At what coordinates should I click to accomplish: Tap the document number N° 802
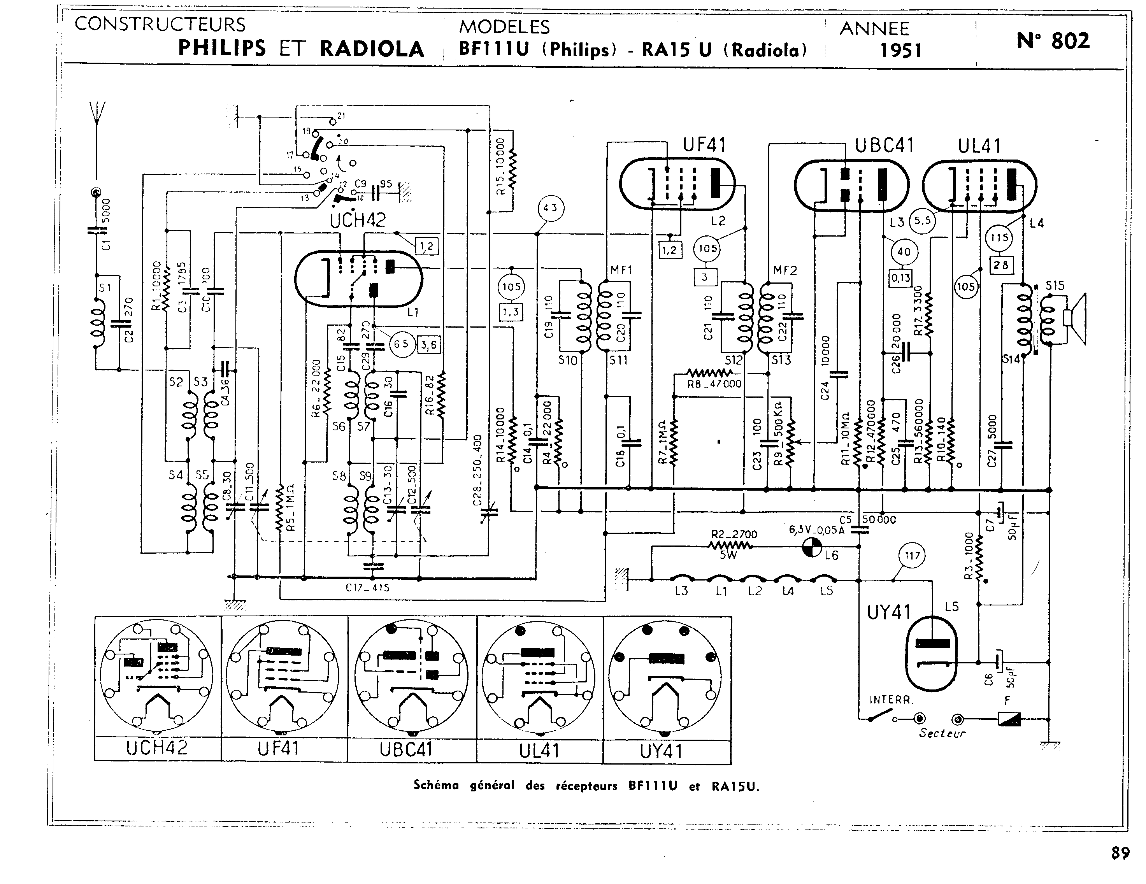1053,40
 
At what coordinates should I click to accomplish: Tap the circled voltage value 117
912,556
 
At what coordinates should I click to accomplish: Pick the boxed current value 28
1000,265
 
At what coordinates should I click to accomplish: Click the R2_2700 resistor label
734,535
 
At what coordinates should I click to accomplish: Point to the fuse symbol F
1009,719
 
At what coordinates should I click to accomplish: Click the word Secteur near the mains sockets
942,733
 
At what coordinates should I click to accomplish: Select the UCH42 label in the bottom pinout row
156,747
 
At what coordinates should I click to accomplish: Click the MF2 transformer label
784,271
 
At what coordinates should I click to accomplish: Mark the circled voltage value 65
402,344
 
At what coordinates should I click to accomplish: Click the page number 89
1120,854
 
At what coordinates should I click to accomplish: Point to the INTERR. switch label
891,699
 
